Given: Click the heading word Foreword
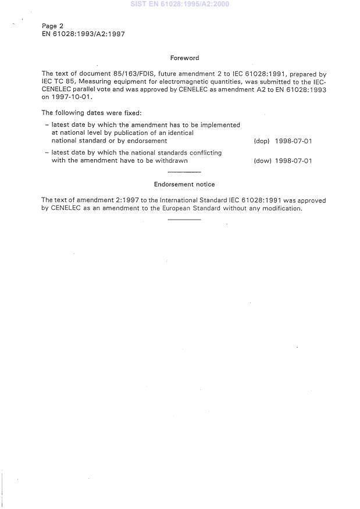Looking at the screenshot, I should [x=184, y=58].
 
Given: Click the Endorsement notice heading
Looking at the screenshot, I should [x=184, y=184].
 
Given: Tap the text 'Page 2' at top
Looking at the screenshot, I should [x=53, y=26].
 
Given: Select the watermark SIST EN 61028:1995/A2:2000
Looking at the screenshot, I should [x=180, y=4].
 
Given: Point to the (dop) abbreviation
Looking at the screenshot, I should [x=262, y=141].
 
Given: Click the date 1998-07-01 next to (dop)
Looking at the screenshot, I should [x=294, y=141].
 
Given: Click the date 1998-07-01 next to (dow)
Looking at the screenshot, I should [x=294, y=161].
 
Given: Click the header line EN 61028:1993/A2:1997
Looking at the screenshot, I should [x=83, y=34].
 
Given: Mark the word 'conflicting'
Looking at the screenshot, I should [x=203, y=153].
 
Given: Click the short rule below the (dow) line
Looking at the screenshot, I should [x=184, y=173].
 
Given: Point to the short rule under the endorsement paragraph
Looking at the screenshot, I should [x=184, y=220].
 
